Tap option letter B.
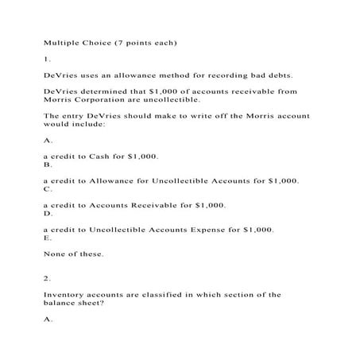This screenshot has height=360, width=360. click(x=47, y=165)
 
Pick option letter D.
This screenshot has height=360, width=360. click(x=47, y=214)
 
